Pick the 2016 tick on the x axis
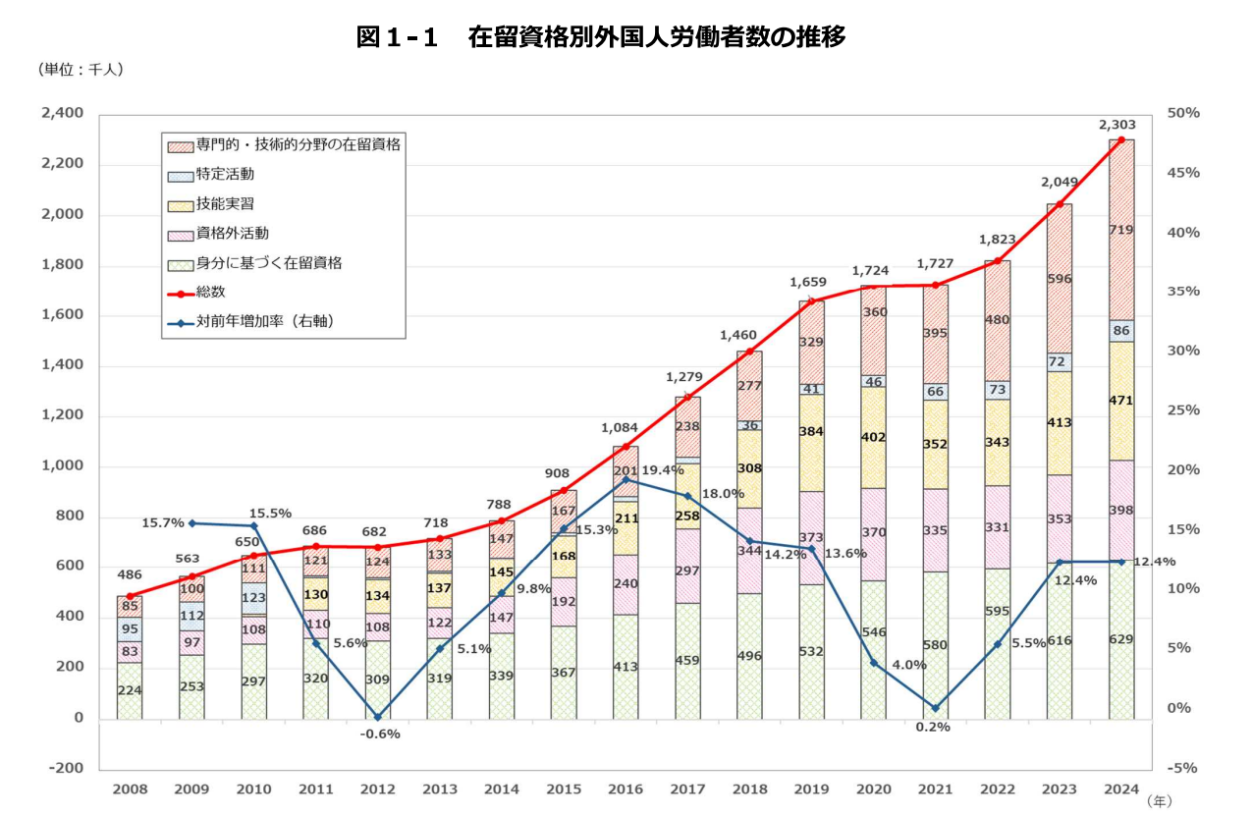pos(626,789)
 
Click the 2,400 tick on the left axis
pos(63,114)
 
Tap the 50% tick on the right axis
pos(1183,114)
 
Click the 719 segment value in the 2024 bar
pos(1121,230)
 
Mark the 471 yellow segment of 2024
pos(1121,401)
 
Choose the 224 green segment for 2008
pos(130,689)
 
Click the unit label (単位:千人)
pos(81,70)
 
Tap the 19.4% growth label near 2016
pos(663,470)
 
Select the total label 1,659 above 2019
pos(808,283)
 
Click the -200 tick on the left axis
pos(65,768)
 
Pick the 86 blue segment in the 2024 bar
pos(1121,330)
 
